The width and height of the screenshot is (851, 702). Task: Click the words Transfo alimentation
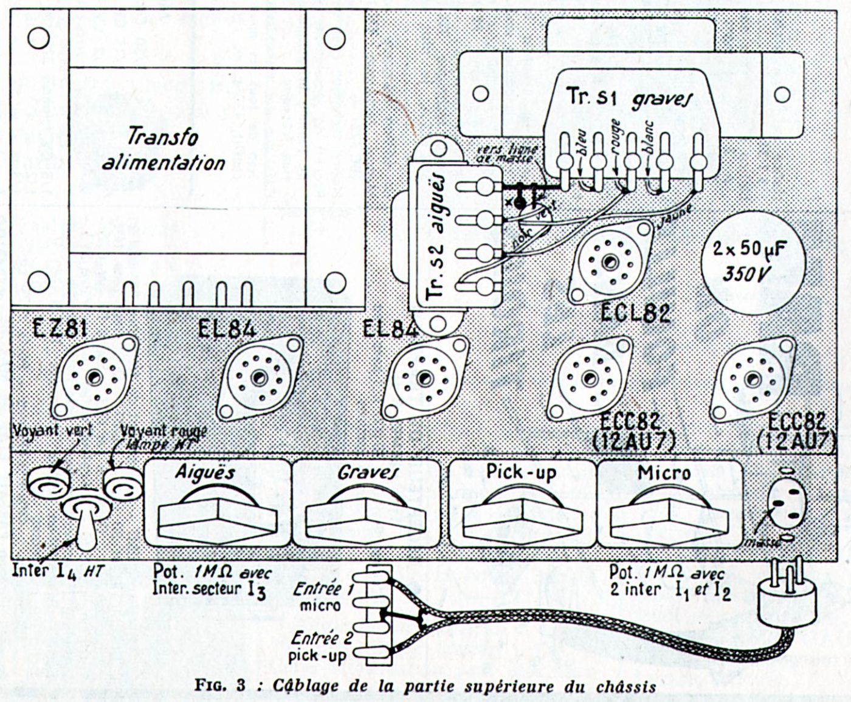[164, 150]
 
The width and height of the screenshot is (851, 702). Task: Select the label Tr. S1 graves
[630, 98]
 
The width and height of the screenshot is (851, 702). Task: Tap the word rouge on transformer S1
[615, 139]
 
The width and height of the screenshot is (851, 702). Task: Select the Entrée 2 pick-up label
[317, 647]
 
